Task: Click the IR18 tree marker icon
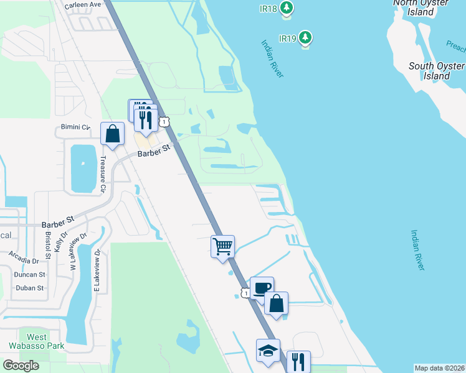287,7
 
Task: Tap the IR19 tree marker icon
305,38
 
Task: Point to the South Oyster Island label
437,71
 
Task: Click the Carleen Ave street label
83,4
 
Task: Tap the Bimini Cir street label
76,127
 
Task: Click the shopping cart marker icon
222,246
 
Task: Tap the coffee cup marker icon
262,287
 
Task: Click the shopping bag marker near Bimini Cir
112,133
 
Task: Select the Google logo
21,365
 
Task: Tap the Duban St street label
31,288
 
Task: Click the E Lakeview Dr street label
97,269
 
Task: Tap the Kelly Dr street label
60,239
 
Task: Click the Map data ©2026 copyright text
440,368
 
